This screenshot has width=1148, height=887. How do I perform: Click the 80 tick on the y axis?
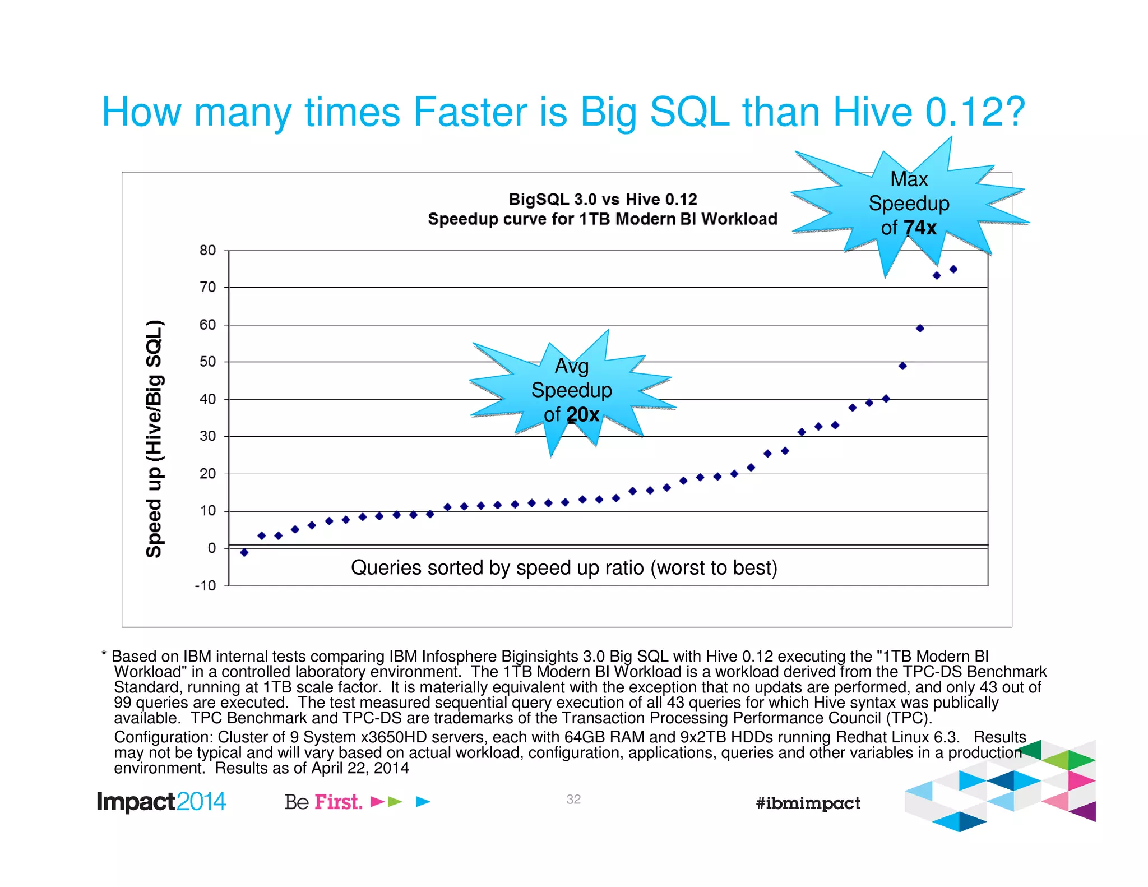tap(207, 250)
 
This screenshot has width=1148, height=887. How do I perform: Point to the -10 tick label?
tap(205, 585)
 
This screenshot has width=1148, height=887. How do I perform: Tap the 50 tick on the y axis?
tap(207, 362)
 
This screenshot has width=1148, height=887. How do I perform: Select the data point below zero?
tap(244, 552)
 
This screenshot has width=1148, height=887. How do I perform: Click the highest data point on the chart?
tap(953, 269)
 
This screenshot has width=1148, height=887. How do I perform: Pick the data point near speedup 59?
tap(920, 329)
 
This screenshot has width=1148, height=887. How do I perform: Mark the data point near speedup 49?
tap(902, 366)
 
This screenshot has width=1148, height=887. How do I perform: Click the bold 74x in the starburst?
tap(920, 228)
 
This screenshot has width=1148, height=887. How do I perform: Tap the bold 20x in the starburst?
tap(582, 415)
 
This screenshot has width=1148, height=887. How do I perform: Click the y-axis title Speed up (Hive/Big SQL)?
tap(154, 438)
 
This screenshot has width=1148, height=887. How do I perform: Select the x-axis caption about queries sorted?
tap(564, 567)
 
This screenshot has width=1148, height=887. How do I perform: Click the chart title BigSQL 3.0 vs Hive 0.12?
tap(603, 200)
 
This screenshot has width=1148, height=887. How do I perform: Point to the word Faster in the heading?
tap(470, 112)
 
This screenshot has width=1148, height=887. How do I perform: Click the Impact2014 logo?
tap(161, 802)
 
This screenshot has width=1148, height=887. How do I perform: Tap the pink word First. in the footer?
tap(338, 802)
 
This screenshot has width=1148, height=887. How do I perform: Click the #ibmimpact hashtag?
tap(808, 803)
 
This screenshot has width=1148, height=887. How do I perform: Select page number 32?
tap(573, 800)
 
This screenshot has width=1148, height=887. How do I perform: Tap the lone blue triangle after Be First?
tap(423, 802)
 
